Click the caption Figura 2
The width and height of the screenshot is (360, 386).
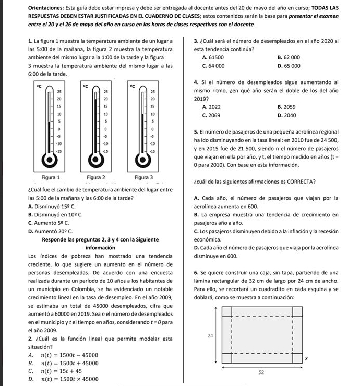click(96, 178)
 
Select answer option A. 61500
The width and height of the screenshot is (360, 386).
click(212, 57)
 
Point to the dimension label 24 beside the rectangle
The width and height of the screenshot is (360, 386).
click(211, 337)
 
